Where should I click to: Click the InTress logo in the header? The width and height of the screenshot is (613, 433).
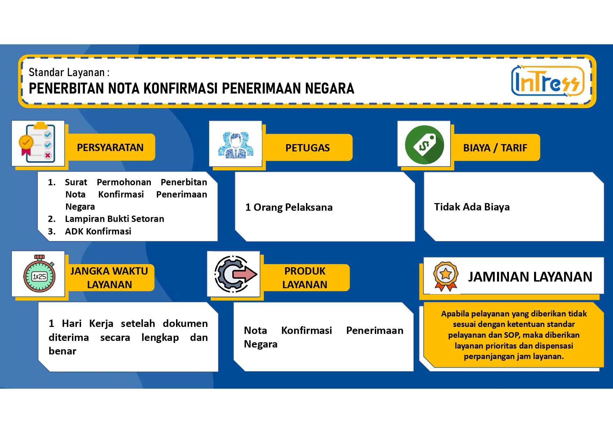tap(547, 81)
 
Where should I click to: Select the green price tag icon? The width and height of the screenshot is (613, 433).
tap(424, 144)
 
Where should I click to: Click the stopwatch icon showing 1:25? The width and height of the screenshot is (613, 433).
tap(39, 274)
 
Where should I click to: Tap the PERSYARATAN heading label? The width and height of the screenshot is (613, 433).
tap(110, 148)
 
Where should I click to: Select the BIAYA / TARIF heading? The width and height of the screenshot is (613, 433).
tap(495, 148)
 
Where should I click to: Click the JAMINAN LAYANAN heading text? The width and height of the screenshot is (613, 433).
tap(530, 277)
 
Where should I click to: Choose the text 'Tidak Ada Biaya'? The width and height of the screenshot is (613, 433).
tap(472, 207)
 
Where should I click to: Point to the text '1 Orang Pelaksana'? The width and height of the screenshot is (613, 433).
tap(289, 207)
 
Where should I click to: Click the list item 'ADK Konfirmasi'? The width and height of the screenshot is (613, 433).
tap(98, 231)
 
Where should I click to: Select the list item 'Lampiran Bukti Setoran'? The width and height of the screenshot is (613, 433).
tap(115, 219)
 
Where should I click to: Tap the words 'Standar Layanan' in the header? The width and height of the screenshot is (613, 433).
tap(67, 72)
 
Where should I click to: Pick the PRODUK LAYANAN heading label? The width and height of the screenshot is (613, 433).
tap(305, 278)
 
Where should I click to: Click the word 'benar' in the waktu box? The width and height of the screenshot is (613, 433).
tap(63, 351)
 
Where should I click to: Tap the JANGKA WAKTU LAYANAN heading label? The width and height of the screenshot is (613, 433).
tap(109, 278)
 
